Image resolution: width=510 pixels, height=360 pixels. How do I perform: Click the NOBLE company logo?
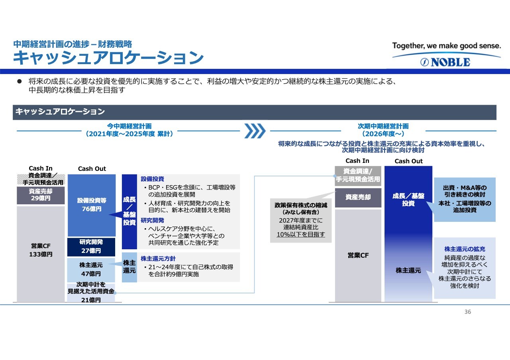point(445,62)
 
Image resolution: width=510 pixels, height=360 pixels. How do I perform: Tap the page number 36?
point(468,312)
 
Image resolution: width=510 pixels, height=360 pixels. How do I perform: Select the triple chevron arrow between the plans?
point(255,131)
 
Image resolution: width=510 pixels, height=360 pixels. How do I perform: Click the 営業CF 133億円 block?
point(41,254)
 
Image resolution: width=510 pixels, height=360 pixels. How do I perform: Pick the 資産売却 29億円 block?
point(41,195)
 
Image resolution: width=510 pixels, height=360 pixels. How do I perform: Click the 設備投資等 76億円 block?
point(92,205)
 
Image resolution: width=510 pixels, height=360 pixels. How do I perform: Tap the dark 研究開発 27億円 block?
point(91,247)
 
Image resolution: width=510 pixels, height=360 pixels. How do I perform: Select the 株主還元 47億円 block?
point(91,270)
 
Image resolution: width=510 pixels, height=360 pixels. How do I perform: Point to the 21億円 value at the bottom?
point(91,300)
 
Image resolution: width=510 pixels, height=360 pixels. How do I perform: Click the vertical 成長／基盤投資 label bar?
point(129,211)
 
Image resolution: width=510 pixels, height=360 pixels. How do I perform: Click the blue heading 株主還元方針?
point(158,258)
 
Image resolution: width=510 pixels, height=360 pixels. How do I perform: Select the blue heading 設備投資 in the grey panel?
point(152,179)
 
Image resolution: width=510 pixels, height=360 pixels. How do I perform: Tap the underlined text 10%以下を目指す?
point(301,235)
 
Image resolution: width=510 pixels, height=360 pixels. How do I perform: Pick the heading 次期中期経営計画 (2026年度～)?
point(383,130)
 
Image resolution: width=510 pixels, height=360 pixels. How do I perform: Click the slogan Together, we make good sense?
point(447,45)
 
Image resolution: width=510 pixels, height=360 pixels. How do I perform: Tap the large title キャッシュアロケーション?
point(108,58)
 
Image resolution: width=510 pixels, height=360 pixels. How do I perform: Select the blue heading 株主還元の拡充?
point(465,249)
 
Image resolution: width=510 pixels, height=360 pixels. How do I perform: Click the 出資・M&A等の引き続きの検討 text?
point(465,191)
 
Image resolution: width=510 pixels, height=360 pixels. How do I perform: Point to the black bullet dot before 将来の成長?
point(20,81)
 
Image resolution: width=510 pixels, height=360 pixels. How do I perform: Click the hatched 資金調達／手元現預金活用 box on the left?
point(41,179)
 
